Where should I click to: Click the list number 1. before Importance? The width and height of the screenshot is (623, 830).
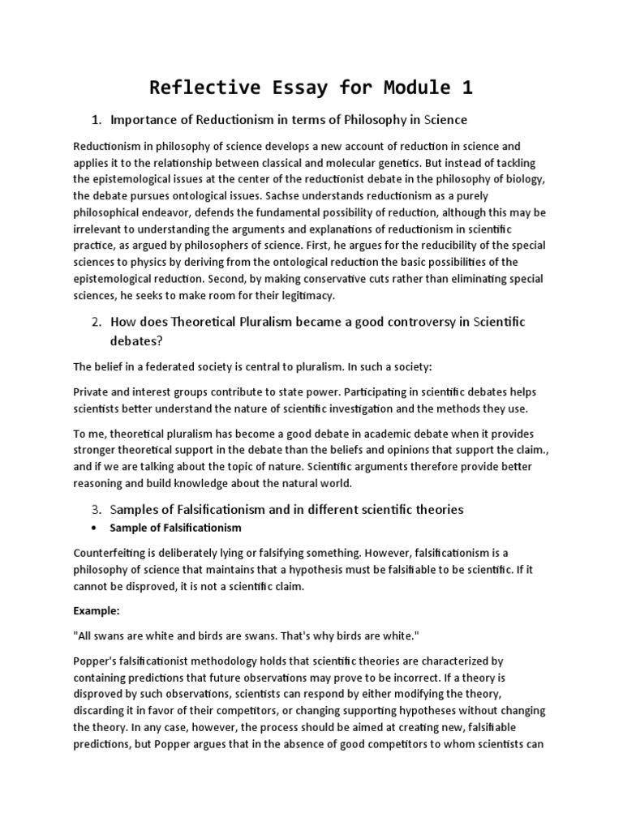96,120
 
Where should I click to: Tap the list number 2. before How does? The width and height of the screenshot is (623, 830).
96,323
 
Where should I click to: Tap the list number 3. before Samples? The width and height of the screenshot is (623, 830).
96,510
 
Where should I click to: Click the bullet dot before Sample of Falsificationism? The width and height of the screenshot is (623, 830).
96,528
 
